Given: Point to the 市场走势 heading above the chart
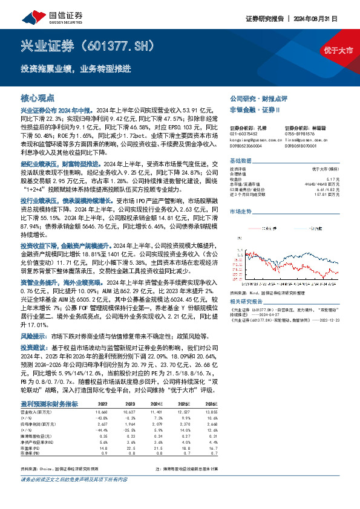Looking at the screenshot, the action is tap(240, 211).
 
